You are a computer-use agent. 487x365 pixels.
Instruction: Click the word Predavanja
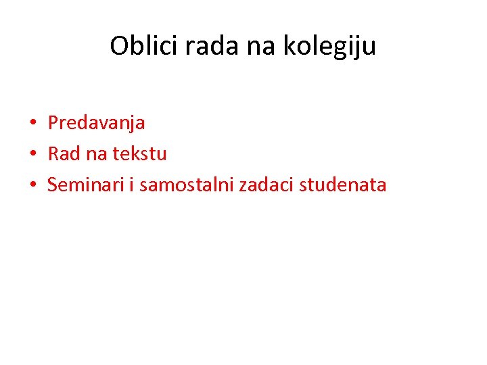(96, 123)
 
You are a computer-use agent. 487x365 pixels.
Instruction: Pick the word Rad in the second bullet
(64, 153)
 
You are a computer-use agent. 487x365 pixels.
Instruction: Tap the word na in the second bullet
(96, 154)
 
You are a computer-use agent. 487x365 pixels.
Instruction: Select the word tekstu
(139, 154)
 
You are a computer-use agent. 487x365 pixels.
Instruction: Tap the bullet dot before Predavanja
(32, 124)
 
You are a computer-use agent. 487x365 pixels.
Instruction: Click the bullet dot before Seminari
(32, 185)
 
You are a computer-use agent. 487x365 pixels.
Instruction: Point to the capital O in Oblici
(119, 47)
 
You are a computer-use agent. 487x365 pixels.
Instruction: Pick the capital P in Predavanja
(52, 123)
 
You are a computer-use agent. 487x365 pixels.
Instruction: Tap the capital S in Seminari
(52, 185)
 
